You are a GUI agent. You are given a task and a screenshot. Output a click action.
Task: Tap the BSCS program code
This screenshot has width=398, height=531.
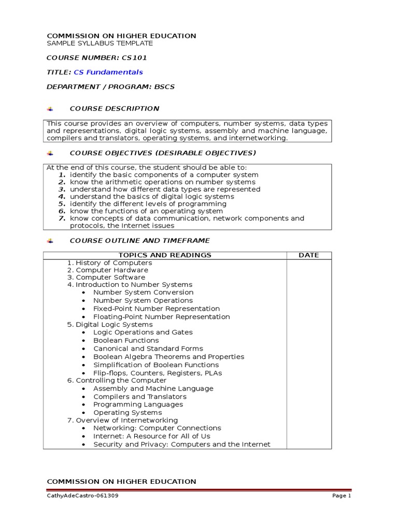164,87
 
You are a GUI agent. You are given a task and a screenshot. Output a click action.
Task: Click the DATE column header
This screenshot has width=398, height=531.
309,255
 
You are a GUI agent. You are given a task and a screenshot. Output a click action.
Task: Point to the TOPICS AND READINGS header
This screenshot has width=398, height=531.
165,255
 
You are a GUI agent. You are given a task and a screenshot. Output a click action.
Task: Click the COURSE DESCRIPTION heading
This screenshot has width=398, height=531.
115,108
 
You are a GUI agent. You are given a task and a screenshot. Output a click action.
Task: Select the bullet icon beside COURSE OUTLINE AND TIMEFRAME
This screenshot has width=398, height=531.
50,241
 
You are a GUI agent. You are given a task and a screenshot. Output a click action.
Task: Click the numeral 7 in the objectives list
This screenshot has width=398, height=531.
61,218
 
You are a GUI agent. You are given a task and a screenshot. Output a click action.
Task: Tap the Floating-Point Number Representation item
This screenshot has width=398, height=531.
161,317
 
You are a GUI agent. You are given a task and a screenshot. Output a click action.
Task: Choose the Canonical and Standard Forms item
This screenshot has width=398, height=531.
148,348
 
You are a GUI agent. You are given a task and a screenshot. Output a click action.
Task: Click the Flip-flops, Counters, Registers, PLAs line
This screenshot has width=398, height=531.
156,373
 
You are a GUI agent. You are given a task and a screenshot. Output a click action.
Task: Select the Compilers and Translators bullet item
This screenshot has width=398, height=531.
139,397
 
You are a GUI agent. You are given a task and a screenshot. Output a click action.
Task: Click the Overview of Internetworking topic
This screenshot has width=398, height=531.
126,420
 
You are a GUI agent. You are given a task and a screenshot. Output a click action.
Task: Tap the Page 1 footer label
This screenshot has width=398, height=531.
342,496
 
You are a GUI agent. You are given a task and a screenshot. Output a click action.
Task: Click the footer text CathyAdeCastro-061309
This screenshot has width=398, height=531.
78,496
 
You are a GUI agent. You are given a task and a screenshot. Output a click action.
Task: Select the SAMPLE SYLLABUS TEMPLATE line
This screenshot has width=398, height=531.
99,43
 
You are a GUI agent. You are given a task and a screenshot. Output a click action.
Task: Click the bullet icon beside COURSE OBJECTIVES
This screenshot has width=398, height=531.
50,153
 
